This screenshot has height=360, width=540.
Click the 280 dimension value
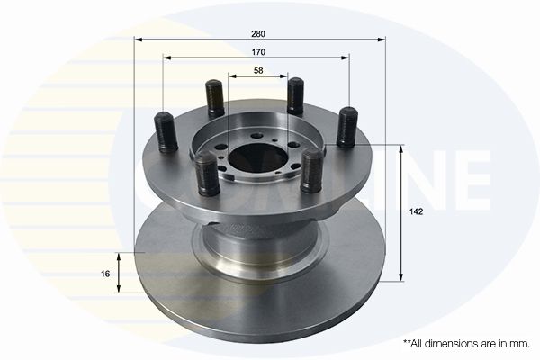(259, 33)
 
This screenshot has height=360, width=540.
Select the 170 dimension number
(259, 51)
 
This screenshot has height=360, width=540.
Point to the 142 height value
(416, 212)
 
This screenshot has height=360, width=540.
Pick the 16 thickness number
(106, 274)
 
